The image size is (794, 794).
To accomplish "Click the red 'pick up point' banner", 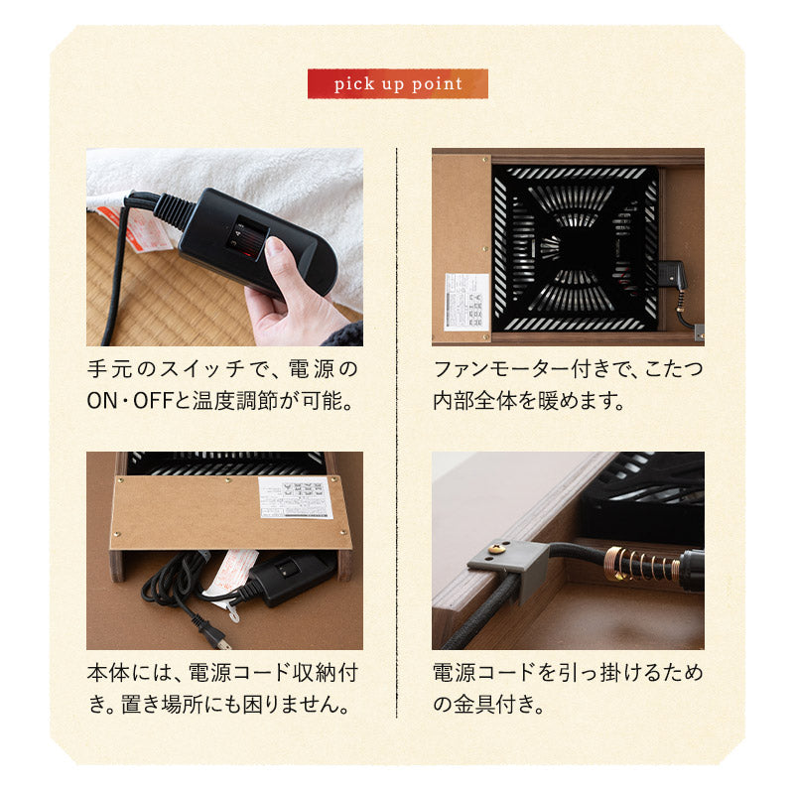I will point(397,83).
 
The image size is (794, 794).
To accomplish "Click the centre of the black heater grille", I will point(575,247).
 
